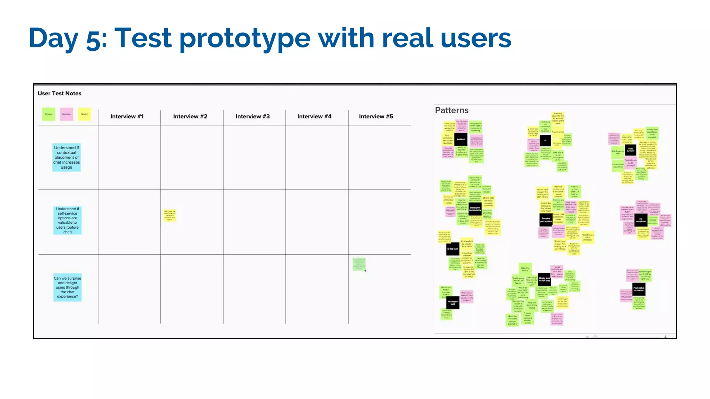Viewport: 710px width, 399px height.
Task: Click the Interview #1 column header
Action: click(x=127, y=116)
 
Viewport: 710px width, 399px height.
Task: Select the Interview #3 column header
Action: click(x=252, y=116)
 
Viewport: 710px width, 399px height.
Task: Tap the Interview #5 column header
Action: click(x=376, y=116)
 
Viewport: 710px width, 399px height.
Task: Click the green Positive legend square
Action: click(x=49, y=114)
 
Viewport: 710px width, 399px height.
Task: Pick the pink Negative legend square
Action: click(x=66, y=114)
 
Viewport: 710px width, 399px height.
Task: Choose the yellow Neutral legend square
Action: click(x=84, y=114)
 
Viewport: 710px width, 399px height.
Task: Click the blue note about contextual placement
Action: click(x=67, y=157)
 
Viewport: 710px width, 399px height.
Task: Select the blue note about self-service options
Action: click(x=67, y=220)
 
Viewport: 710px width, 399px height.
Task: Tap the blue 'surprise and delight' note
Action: click(x=67, y=287)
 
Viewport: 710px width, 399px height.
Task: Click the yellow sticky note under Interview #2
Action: click(x=170, y=215)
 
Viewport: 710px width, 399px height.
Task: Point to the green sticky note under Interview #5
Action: click(x=359, y=264)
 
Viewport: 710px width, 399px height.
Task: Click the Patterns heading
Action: click(x=451, y=110)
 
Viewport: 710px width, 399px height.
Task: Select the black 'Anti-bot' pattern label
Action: click(x=460, y=140)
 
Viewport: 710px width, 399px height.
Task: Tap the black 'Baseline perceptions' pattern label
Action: click(x=546, y=220)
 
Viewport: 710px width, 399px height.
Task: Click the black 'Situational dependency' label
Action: click(x=475, y=209)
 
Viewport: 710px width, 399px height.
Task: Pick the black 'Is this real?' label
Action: click(x=452, y=249)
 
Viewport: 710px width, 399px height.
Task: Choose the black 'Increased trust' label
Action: click(x=452, y=303)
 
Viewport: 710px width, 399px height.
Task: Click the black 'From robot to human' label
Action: click(x=639, y=289)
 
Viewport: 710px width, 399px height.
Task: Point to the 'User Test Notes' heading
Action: click(x=59, y=94)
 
